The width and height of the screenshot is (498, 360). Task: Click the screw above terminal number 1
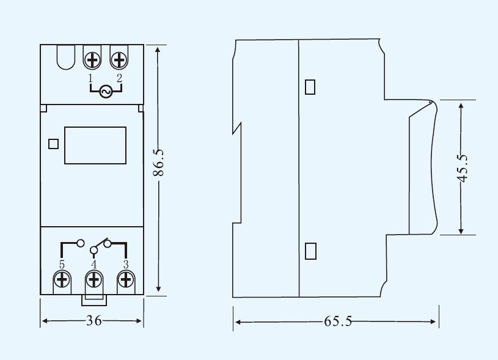point(92,60)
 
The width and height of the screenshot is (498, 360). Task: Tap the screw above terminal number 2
point(119,60)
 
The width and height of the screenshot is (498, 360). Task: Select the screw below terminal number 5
point(62,280)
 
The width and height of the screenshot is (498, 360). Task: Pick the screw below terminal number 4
point(93,280)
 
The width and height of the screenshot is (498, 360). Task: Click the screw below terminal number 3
point(126,280)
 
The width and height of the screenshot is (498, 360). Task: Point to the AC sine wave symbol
point(106,92)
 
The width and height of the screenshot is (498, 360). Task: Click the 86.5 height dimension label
point(158,163)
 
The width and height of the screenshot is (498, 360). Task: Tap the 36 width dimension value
point(94,321)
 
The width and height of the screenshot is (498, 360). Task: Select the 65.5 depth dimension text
point(338,321)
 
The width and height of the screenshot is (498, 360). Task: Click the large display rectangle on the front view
point(95,145)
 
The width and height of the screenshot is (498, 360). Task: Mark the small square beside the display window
point(53,144)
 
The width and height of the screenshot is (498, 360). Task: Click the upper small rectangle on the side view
point(310,87)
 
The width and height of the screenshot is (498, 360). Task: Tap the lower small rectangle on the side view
point(310,251)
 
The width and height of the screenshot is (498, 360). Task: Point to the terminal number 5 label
point(62,265)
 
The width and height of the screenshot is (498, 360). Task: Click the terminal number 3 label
point(126,265)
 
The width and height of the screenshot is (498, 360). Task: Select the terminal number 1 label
point(90,78)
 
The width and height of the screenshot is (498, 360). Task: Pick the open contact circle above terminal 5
point(81,243)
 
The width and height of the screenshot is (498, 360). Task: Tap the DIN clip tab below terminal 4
point(94,300)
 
